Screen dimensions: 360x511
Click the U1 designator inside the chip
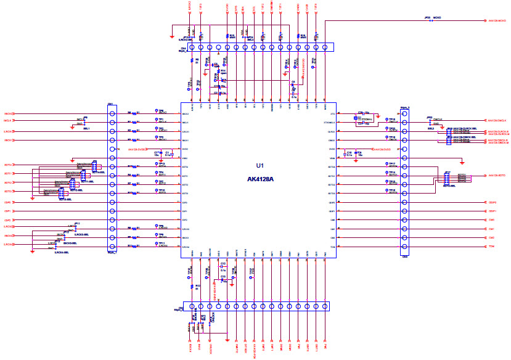260,166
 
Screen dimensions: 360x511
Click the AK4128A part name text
260,178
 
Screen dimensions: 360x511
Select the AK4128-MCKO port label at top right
497,21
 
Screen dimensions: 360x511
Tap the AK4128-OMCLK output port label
497,121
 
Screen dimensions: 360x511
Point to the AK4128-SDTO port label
497,176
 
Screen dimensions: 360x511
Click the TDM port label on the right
491,247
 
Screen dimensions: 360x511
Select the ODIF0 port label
492,202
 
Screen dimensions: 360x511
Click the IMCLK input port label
9,113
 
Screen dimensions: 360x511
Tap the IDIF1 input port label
8,211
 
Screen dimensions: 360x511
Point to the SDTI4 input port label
9,192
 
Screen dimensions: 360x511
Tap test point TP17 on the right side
386,165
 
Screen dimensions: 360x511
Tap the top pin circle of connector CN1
112,113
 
